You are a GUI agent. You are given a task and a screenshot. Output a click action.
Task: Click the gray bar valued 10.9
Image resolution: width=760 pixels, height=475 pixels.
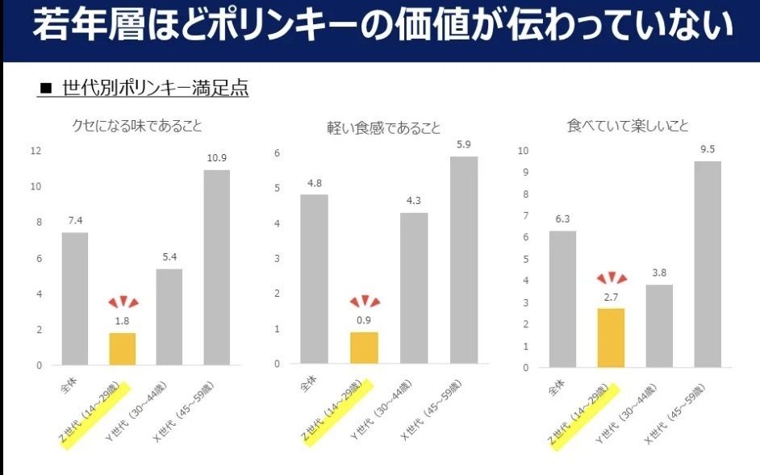[217, 267]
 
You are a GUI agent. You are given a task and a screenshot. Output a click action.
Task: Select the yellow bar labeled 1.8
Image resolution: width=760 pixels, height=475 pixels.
[123, 348]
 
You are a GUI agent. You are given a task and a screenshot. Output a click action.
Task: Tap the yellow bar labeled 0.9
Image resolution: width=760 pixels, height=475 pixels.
[364, 348]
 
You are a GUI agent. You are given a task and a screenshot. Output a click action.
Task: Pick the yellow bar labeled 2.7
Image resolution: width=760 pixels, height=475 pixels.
[611, 337]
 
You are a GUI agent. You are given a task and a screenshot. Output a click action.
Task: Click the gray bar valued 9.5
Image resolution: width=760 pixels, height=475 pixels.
[708, 264]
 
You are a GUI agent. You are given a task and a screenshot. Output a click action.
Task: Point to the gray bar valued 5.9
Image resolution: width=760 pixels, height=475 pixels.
[464, 260]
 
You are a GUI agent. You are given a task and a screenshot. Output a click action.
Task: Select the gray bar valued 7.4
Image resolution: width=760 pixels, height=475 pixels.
[75, 298]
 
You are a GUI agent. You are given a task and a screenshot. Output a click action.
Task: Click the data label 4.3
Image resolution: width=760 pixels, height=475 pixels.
[413, 200]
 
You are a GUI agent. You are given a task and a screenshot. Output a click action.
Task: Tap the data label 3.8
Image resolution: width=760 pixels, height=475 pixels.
[659, 272]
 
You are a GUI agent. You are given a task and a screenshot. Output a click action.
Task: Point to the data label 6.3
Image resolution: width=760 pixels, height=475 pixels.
[562, 218]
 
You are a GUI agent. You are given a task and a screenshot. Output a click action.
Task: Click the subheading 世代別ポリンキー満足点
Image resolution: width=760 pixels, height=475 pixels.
[155, 88]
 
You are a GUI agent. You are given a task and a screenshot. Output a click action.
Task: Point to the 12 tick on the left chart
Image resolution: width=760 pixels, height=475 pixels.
[35, 151]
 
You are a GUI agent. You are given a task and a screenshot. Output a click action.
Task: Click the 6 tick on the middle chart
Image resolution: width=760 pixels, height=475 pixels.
[277, 153]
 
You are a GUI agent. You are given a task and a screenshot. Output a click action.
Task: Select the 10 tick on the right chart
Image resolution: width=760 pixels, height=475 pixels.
[523, 151]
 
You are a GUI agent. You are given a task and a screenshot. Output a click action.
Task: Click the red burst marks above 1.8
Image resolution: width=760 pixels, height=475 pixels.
[123, 302]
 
